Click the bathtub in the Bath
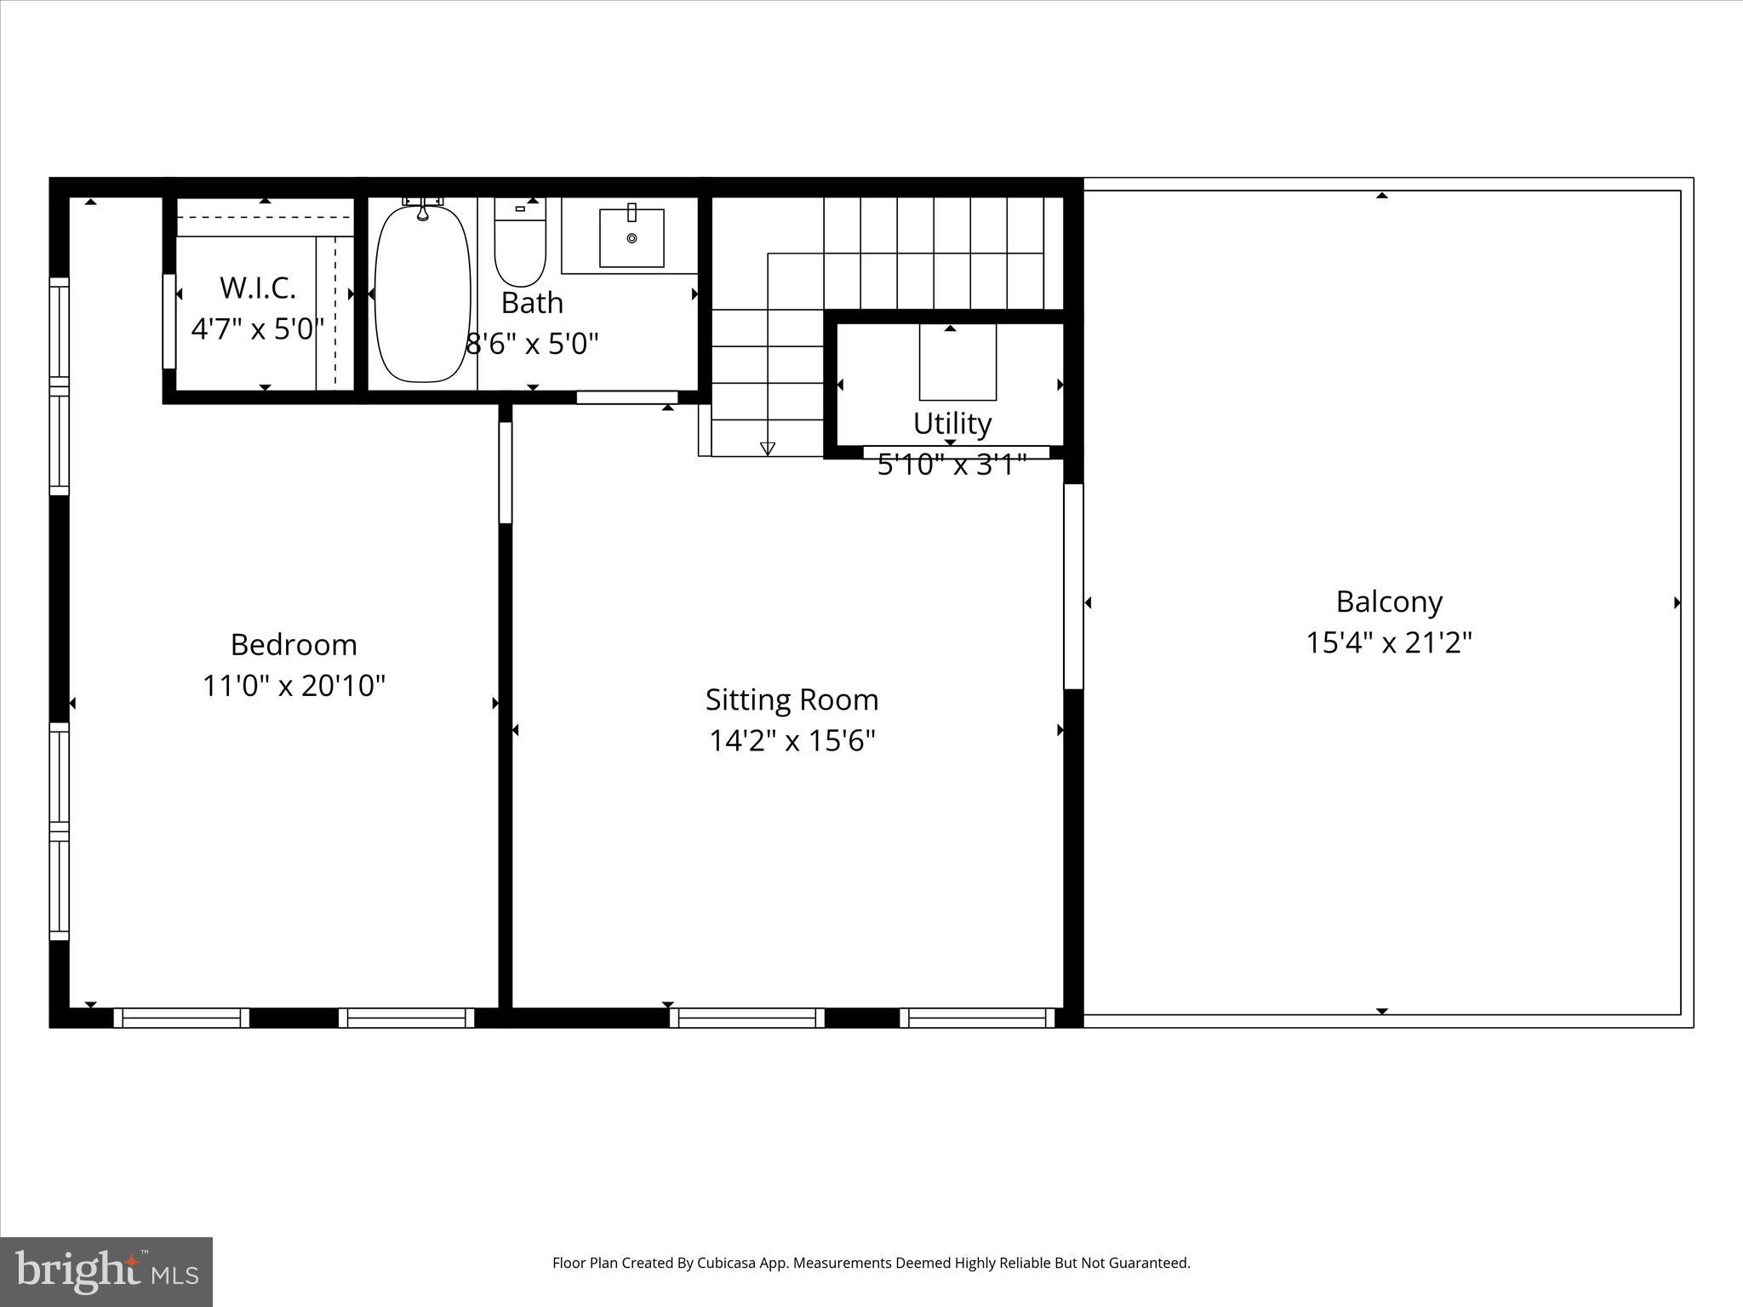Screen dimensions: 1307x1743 [423, 294]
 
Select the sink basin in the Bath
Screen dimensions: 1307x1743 [631, 238]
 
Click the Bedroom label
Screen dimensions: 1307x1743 [294, 645]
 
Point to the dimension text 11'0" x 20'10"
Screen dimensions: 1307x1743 [294, 686]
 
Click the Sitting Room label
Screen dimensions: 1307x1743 [791, 700]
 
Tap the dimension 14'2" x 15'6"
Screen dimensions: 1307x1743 [791, 741]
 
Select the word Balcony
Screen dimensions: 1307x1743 [1389, 602]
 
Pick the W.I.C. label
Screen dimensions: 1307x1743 [258, 288]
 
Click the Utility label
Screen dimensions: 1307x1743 [952, 424]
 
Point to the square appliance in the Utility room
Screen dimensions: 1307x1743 [957, 362]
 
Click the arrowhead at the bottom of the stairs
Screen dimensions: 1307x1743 [768, 448]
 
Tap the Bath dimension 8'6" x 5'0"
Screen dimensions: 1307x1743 [533, 344]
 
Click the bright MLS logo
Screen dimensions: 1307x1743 [106, 1271]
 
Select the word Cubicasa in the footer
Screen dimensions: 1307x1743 [727, 1263]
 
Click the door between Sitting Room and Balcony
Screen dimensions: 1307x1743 [1073, 585]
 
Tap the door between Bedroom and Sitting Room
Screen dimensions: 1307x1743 [505, 472]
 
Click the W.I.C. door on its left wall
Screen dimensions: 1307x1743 [169, 322]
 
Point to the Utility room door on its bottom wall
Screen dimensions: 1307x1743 [956, 452]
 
